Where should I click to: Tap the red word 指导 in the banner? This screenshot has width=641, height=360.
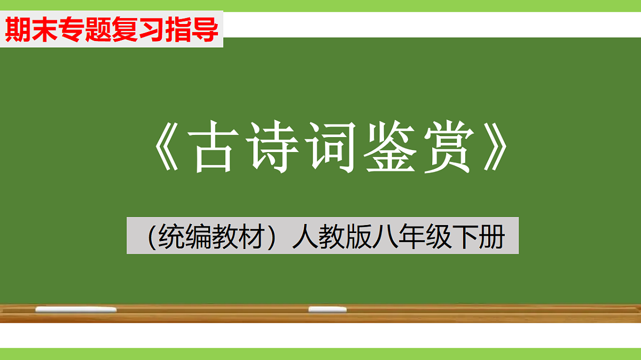191,30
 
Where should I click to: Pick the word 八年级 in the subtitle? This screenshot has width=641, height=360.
407,236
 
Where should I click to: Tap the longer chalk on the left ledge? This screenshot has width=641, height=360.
76,309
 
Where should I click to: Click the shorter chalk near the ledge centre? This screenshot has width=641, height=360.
327,309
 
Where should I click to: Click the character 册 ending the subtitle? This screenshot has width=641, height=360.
491,236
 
